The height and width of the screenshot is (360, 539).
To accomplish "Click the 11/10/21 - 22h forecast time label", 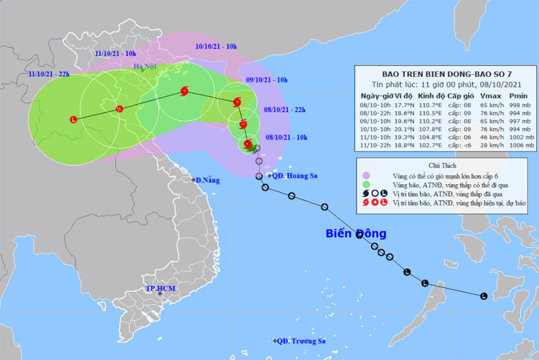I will tap(49, 73).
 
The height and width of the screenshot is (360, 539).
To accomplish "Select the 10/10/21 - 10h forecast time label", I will tap(215, 47).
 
